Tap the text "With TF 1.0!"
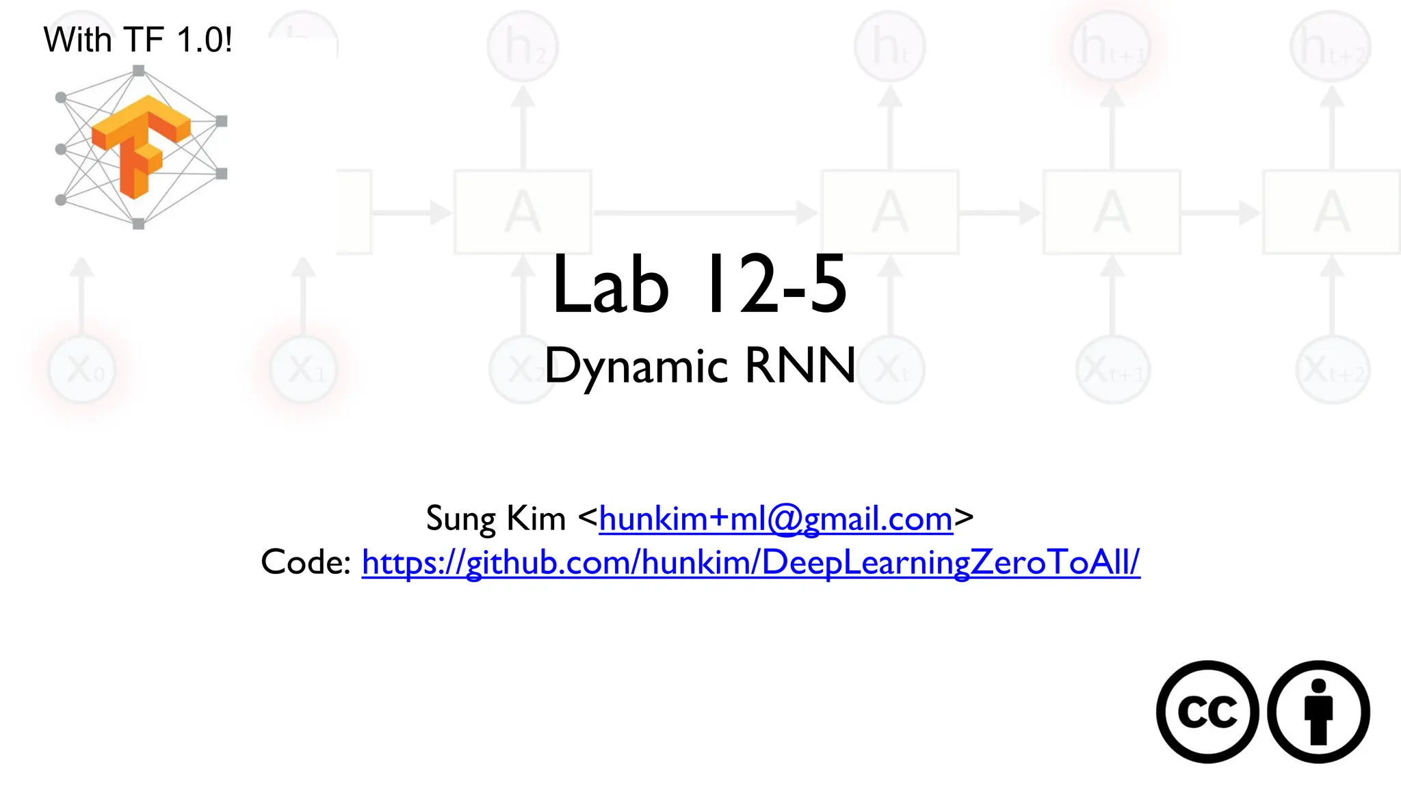point(138,40)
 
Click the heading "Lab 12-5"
point(699,285)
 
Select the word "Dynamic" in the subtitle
point(636,366)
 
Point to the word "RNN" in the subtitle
point(800,366)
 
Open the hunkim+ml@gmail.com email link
point(776,518)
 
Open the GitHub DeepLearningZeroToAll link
point(750,562)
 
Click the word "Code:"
point(306,562)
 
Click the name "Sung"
point(460,518)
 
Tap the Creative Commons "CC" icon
point(1207,711)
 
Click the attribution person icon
point(1318,711)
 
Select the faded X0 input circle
point(82,370)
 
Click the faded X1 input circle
point(304,370)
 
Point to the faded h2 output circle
point(523,47)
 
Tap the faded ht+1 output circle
point(1112,47)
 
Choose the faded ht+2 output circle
point(1331,47)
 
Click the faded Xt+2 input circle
point(1332,370)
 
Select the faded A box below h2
point(523,212)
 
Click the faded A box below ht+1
point(1112,212)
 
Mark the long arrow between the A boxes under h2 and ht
point(705,213)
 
